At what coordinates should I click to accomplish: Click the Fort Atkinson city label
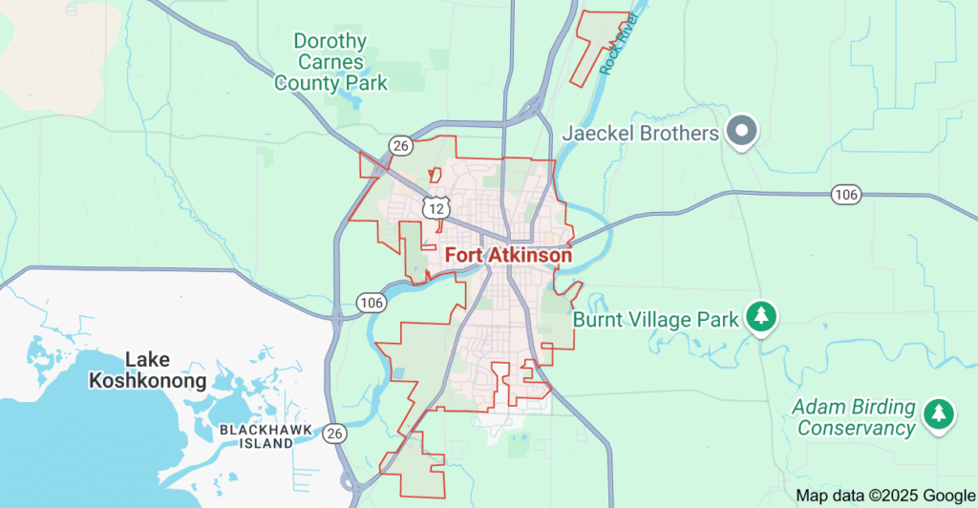click(x=508, y=256)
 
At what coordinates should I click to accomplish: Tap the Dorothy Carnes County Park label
click(x=330, y=62)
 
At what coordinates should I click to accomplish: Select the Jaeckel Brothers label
click(x=640, y=133)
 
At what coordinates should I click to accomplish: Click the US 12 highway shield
click(x=436, y=207)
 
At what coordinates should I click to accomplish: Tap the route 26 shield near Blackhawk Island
click(x=334, y=434)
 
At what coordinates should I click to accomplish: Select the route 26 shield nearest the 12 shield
click(x=400, y=145)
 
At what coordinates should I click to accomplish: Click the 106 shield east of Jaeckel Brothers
click(x=846, y=195)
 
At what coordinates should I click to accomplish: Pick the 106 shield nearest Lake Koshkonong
click(x=372, y=303)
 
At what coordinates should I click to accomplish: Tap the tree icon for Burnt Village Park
click(x=760, y=317)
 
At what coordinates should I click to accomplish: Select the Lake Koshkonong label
click(x=147, y=370)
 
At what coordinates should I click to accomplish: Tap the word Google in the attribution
click(x=945, y=495)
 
